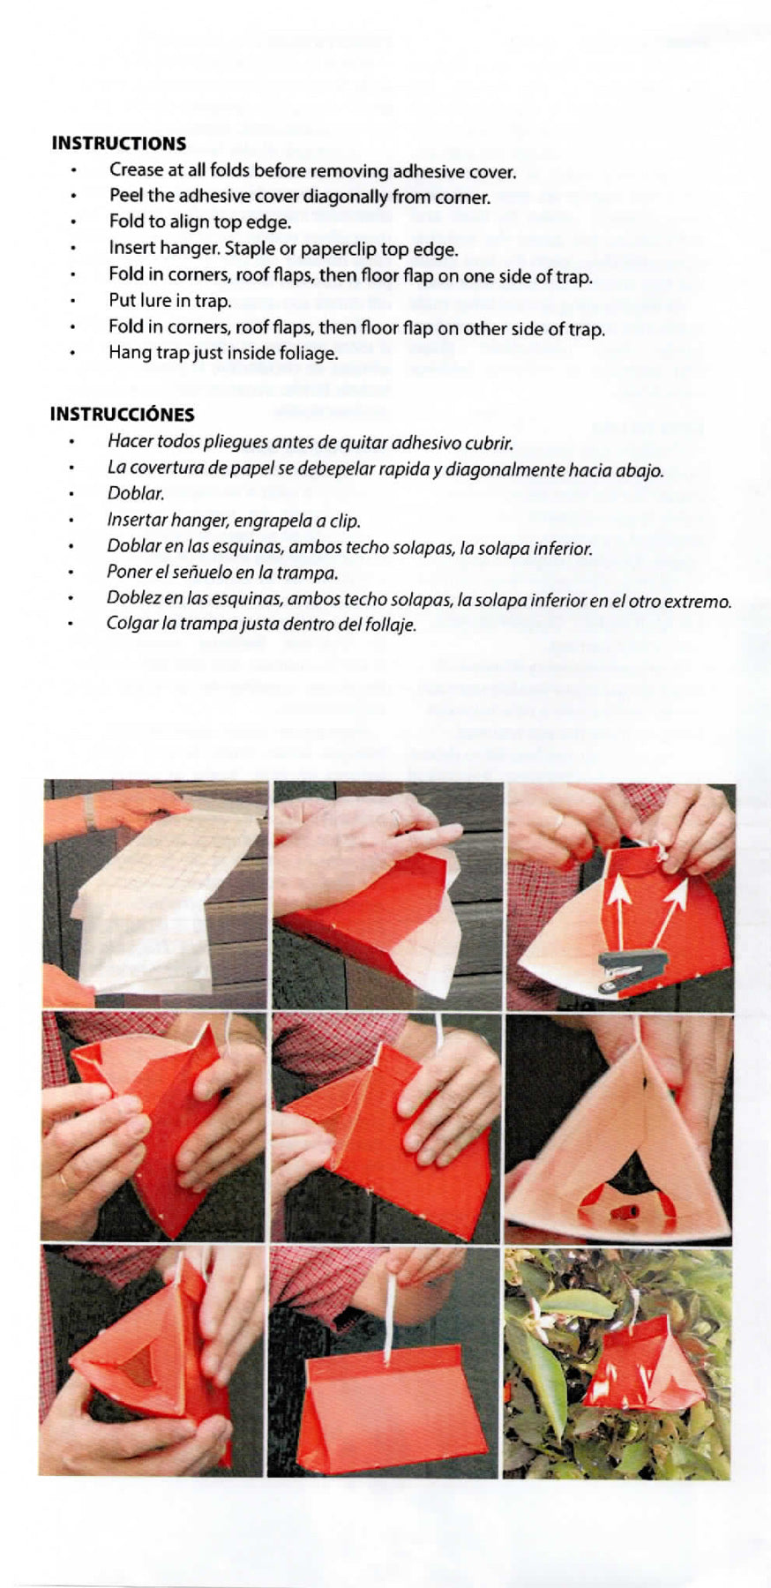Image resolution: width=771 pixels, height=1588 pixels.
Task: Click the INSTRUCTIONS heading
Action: pyautogui.click(x=119, y=144)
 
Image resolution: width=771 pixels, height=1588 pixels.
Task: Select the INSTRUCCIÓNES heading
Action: pyautogui.click(x=122, y=415)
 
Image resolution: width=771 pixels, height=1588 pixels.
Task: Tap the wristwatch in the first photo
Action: pyautogui.click(x=89, y=812)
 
